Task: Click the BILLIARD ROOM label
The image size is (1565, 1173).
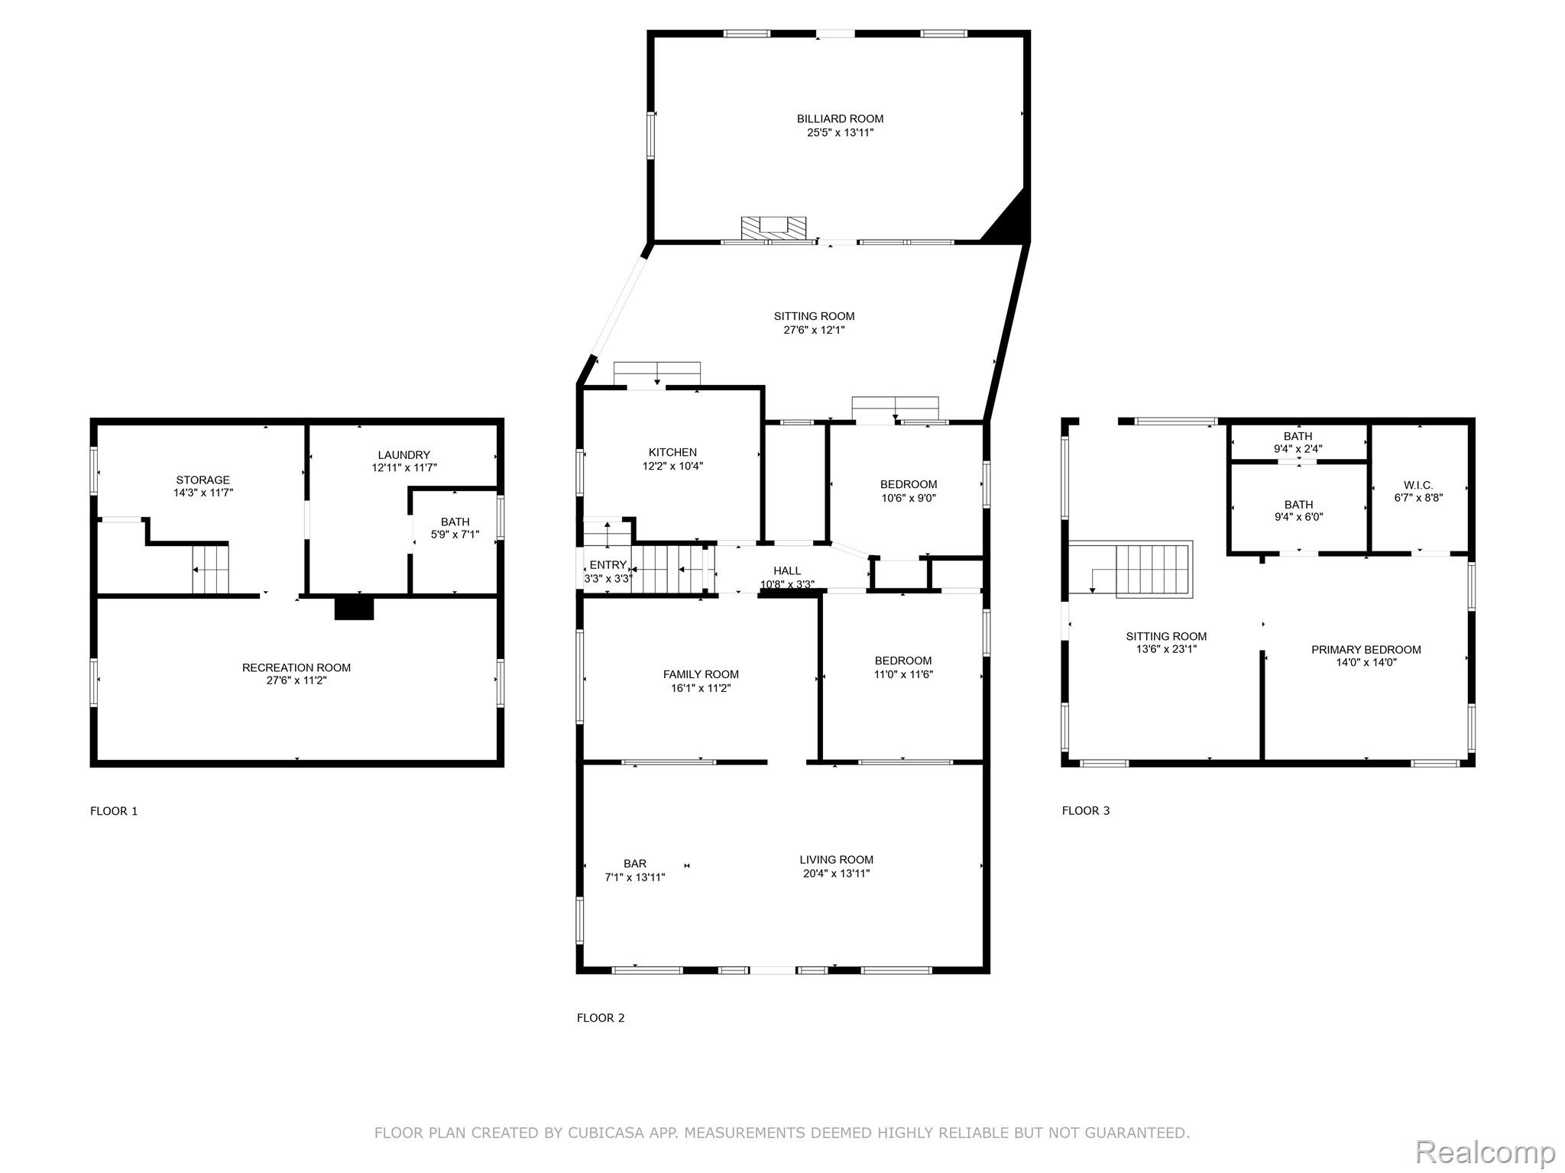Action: [840, 118]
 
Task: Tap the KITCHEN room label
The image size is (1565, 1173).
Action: [672, 452]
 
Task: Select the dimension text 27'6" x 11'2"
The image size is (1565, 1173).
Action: [296, 680]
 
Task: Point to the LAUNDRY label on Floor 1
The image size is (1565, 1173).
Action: [403, 454]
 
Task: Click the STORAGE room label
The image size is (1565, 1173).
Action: [203, 480]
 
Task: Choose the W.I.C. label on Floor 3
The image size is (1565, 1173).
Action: [1418, 485]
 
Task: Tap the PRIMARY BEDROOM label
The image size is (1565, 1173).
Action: [1366, 649]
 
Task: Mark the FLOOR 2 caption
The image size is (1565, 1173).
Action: [601, 1017]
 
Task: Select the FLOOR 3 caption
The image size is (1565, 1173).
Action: [1086, 810]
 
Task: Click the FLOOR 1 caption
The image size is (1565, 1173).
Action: [114, 810]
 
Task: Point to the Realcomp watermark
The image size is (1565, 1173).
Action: [1486, 1151]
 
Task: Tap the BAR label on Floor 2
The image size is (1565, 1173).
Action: [635, 864]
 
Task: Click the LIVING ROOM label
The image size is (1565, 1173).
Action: [836, 859]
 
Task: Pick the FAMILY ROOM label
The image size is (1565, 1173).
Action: [701, 674]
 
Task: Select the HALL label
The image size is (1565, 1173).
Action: [787, 570]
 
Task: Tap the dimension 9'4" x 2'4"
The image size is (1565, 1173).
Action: [1298, 449]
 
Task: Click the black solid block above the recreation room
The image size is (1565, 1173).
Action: [354, 607]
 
